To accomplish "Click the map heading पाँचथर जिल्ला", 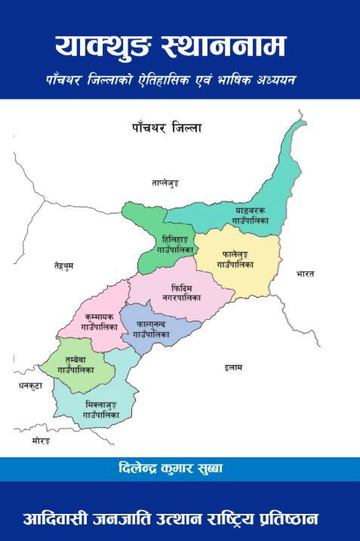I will (x=164, y=129).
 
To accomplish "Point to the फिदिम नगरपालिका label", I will (x=181, y=294).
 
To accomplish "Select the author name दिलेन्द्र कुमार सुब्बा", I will (x=179, y=468).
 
